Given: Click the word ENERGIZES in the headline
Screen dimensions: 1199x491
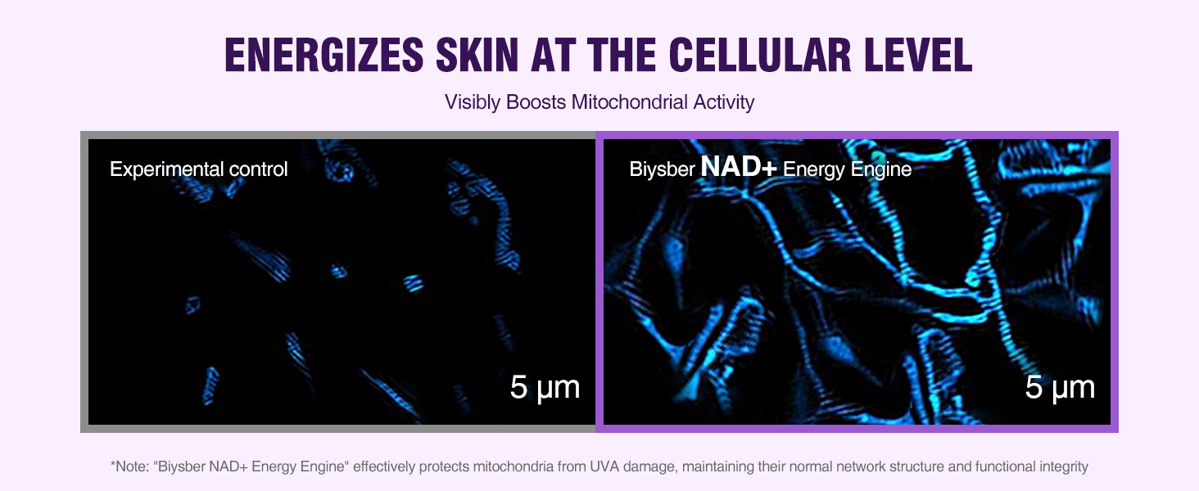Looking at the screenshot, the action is click(x=324, y=55).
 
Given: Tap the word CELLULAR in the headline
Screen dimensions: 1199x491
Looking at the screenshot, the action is click(x=760, y=55).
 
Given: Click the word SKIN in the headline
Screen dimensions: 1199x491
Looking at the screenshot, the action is click(x=477, y=55).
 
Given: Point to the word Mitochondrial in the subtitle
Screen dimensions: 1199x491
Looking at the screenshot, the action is click(x=630, y=101).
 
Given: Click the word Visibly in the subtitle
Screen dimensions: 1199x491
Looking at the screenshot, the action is click(x=473, y=102).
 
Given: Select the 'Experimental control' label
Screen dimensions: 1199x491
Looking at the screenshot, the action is click(x=198, y=169).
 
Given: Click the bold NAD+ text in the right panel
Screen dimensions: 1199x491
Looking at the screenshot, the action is click(x=738, y=166).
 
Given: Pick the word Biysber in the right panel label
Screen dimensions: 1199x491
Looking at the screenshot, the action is click(x=662, y=169).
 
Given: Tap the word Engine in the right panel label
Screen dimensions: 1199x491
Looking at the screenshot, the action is click(x=881, y=169).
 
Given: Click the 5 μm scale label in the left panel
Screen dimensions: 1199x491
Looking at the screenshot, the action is click(x=545, y=387).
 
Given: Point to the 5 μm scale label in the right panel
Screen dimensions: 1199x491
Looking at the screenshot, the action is click(x=1060, y=387).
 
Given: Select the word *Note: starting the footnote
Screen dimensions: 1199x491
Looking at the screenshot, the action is click(x=130, y=466).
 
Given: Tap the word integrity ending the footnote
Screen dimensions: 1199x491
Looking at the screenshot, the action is click(x=1064, y=467).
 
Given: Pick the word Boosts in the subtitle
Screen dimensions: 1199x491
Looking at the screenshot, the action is click(x=536, y=101).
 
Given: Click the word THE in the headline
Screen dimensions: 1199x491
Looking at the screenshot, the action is click(x=622, y=55).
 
